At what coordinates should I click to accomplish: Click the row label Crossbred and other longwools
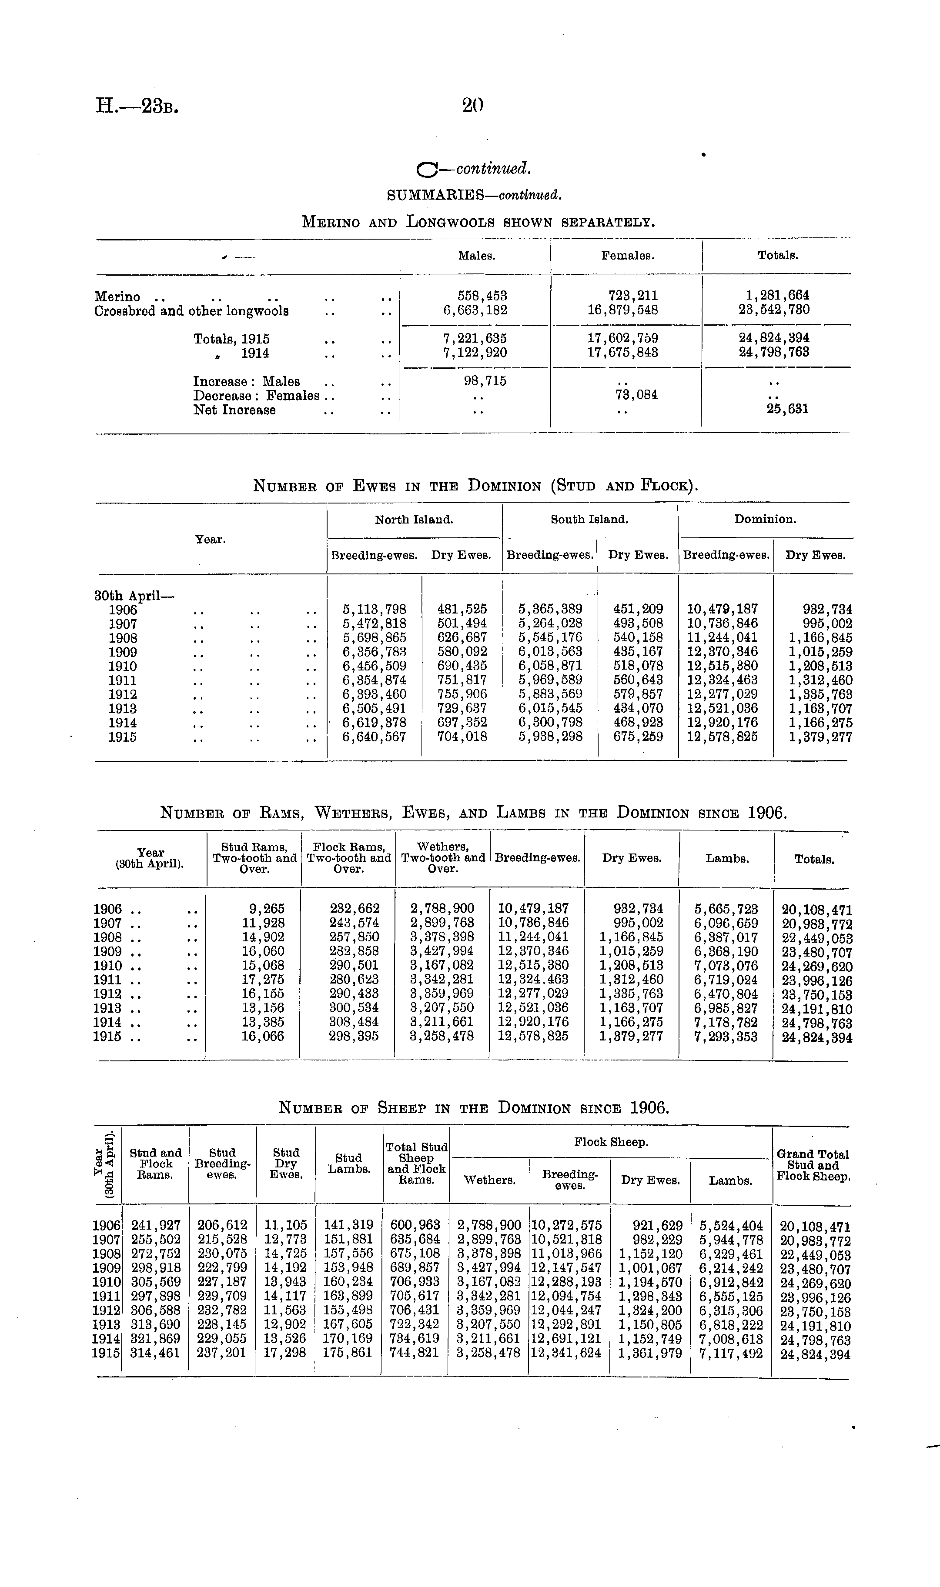[x=191, y=311]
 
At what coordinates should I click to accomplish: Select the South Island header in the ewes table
[x=589, y=520]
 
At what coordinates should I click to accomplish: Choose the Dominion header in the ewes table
[x=765, y=520]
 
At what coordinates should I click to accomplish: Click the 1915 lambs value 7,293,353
[x=726, y=1036]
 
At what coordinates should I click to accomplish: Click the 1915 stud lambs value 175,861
[x=348, y=1353]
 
